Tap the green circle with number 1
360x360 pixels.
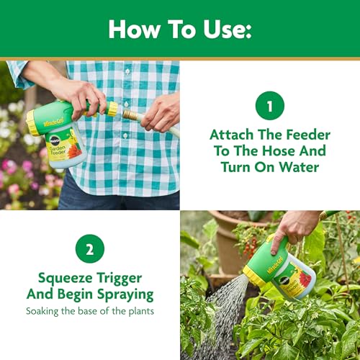(270, 106)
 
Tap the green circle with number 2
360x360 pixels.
(90, 248)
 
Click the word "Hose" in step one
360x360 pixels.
(279, 151)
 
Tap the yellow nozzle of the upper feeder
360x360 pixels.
(32, 123)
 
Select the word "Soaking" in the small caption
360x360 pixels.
(42, 312)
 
